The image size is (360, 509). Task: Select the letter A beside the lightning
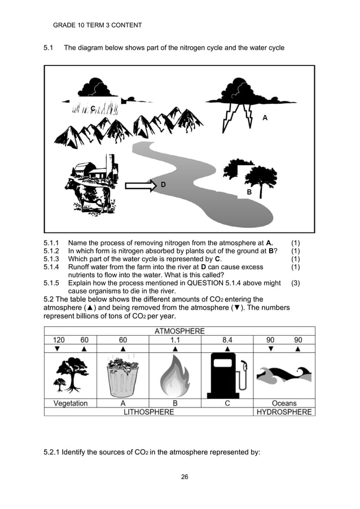(265, 117)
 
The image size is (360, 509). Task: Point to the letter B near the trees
(249, 193)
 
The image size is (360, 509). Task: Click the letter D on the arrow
(163, 185)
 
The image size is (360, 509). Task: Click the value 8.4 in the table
(227, 340)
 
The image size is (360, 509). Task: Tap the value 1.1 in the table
(175, 340)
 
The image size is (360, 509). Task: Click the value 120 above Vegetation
(58, 340)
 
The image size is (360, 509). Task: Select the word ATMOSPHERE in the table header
(179, 331)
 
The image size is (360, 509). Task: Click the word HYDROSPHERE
(284, 412)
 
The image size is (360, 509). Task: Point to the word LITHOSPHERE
(149, 412)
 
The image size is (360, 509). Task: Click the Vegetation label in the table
(71, 403)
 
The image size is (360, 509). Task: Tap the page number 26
(184, 477)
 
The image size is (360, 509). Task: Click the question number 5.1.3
(53, 259)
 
